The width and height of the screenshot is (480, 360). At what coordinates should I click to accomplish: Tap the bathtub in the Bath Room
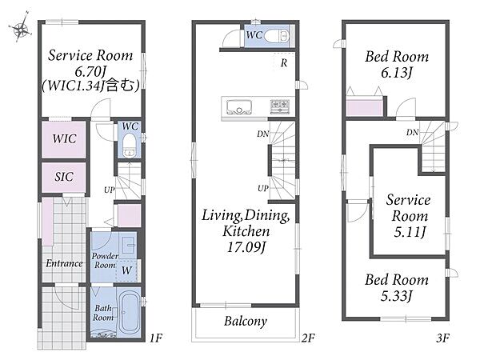[129, 313]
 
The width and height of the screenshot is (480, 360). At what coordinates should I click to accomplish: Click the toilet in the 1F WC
[129, 145]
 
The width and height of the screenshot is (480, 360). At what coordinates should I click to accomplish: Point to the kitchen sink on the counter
[239, 107]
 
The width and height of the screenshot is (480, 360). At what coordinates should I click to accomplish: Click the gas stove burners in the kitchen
[280, 106]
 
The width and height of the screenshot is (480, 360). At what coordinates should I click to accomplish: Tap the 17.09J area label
[246, 246]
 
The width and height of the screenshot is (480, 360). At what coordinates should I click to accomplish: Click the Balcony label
[246, 321]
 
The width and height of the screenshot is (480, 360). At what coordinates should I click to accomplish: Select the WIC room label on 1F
[64, 138]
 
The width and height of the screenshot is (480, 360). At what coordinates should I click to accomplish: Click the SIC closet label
[64, 177]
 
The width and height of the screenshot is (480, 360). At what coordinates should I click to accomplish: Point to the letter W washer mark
[126, 270]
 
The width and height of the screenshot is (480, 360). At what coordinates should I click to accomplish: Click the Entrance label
[64, 263]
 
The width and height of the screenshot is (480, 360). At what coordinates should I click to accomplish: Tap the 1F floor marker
[156, 338]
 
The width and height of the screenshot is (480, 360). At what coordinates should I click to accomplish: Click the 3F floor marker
[442, 338]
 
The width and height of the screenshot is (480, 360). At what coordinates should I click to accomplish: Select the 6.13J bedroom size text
[397, 73]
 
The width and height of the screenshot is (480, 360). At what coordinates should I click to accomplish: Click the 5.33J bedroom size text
[397, 296]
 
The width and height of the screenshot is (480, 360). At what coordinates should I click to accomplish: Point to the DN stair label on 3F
[412, 132]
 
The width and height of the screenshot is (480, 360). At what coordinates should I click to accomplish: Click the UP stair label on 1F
[110, 190]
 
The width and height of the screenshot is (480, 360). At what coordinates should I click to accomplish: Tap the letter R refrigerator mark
[284, 63]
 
